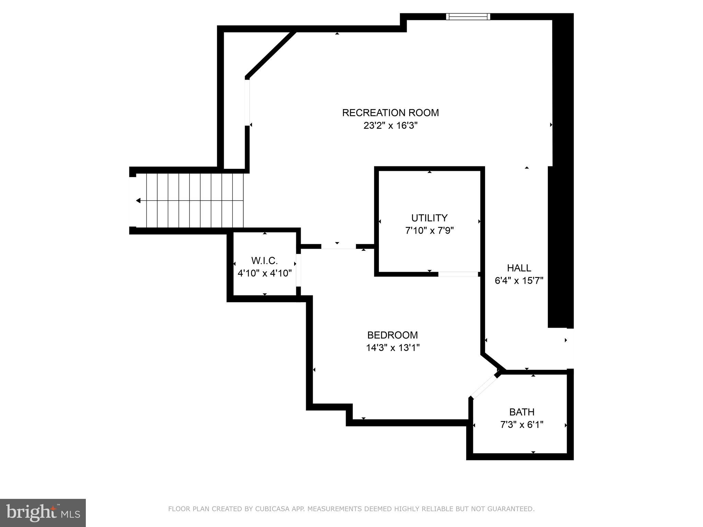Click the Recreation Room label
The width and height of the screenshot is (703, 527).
pos(390,113)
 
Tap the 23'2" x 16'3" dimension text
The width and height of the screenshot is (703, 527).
pos(390,126)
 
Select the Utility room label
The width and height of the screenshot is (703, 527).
pos(429,218)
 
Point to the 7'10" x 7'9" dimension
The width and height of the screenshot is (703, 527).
pos(429,231)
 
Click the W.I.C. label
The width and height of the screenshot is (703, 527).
pos(264,261)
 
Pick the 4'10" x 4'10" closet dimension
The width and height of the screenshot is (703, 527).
pos(264,273)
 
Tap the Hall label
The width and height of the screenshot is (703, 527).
pos(519,268)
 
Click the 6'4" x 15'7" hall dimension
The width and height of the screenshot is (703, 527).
pos(519,281)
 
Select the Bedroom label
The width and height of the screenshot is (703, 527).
pos(392,335)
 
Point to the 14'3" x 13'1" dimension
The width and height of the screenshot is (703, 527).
pos(392,348)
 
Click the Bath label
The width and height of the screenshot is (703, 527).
pos(522,412)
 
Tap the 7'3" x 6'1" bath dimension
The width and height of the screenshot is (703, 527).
pos(522,425)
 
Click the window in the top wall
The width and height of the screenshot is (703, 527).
pos(468,16)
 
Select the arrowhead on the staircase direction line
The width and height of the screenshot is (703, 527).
pos(138,200)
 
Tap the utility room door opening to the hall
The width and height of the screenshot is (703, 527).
pos(458,274)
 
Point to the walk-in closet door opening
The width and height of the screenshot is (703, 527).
pos(298,270)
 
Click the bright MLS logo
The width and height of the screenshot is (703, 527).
pos(43,513)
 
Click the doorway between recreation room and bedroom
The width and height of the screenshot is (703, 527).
pos(338,246)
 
